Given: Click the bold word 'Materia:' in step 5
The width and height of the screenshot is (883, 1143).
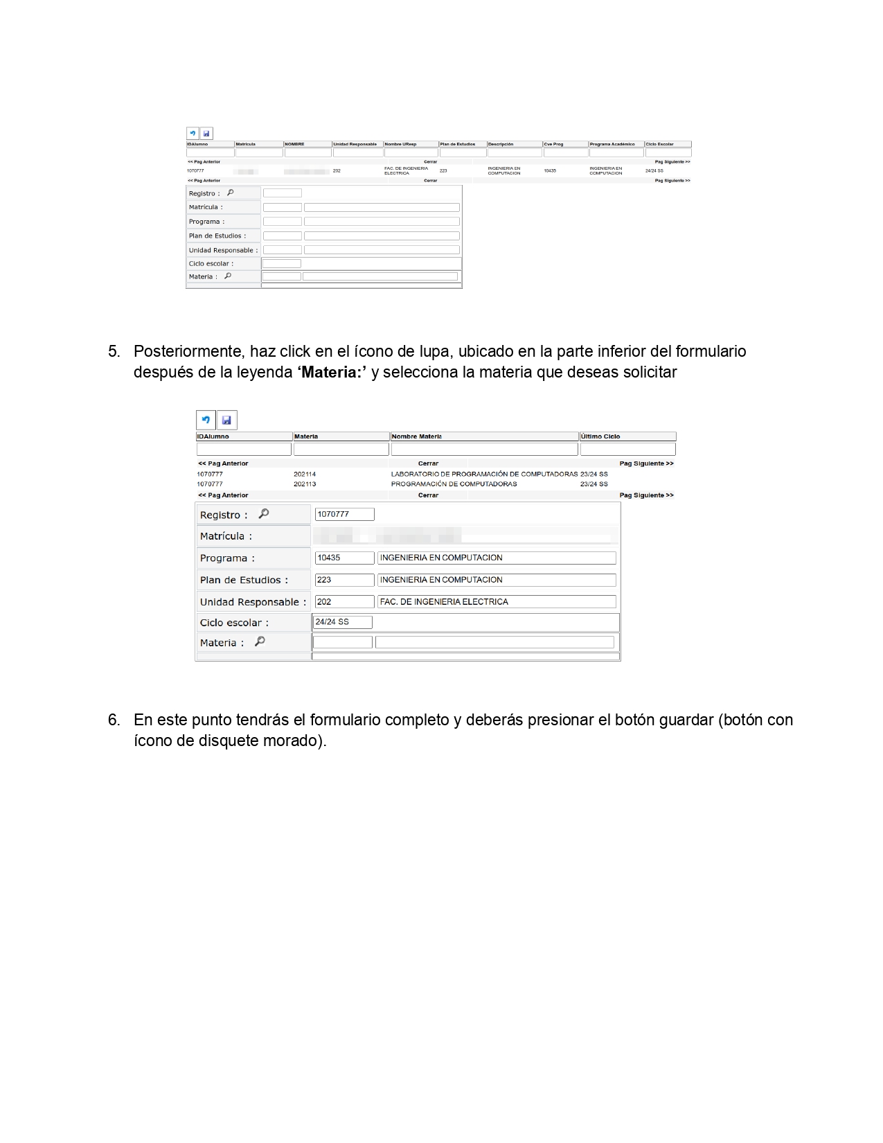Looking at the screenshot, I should pos(332,373).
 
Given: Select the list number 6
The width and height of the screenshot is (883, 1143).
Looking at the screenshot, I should pos(114,720).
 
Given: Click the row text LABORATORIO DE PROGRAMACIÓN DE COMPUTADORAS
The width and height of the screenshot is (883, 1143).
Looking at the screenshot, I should pos(484,475).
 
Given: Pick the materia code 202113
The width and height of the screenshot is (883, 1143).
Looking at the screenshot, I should pos(305,484).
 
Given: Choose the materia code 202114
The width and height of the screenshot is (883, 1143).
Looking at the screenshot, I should pos(305,475).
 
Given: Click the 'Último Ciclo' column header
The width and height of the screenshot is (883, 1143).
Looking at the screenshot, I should pos(600,436).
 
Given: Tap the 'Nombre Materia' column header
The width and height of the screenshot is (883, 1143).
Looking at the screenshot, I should pos(416,436).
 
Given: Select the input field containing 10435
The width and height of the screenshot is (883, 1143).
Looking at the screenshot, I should pos(344,558).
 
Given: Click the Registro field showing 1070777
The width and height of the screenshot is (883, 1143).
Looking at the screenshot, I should pos(344,514).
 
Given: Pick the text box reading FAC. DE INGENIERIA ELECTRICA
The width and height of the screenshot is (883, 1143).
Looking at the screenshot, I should pos(496,602).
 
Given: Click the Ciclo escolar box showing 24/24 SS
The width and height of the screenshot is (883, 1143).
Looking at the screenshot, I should pos(343,622).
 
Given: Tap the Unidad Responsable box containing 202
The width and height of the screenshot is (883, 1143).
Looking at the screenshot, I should pos(344,602).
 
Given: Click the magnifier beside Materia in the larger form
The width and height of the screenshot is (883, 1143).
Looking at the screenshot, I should pos(260,641).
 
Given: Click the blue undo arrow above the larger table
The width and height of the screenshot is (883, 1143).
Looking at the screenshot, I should pos(206,420).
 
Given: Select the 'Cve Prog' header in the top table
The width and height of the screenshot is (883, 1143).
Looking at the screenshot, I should pos(553,144).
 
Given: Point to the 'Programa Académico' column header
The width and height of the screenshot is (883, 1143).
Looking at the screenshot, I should pos(612,144).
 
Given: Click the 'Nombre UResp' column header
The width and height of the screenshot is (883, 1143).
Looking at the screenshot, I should pos(400,144).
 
